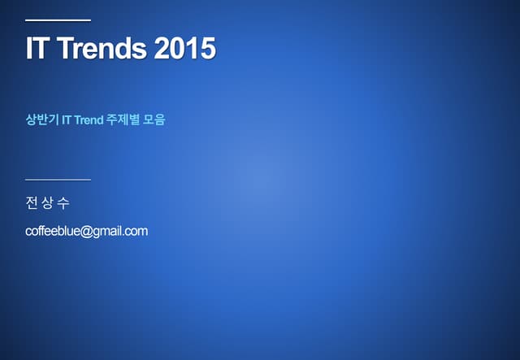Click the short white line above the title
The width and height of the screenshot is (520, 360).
pos(58,20)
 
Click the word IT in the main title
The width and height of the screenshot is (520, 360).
pos(35,49)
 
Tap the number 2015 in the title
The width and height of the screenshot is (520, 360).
pos(184,49)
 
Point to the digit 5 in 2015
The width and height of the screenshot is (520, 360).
pos(208,49)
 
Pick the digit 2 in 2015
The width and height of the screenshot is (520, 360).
pos(161,49)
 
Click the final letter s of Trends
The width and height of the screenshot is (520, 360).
pos(139,50)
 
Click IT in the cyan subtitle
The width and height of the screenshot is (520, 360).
pos(67,120)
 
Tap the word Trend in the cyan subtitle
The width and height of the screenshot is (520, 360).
pos(89,120)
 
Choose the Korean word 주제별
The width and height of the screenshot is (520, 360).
pos(123,120)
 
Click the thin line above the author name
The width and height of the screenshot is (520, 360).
pos(58,179)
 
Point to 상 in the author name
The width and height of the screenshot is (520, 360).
pos(48,202)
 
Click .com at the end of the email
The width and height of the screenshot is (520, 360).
pos(136,232)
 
